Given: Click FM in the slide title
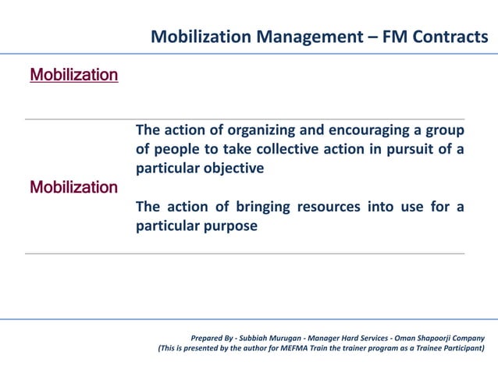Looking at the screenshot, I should click(x=393, y=37).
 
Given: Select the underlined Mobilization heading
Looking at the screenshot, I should click(x=74, y=75).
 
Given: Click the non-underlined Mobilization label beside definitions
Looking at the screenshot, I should click(x=74, y=187).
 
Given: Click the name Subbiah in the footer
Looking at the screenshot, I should click(x=255, y=337).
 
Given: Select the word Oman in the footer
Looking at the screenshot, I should click(x=393, y=337).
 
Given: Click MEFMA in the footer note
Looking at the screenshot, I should click(x=293, y=348).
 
